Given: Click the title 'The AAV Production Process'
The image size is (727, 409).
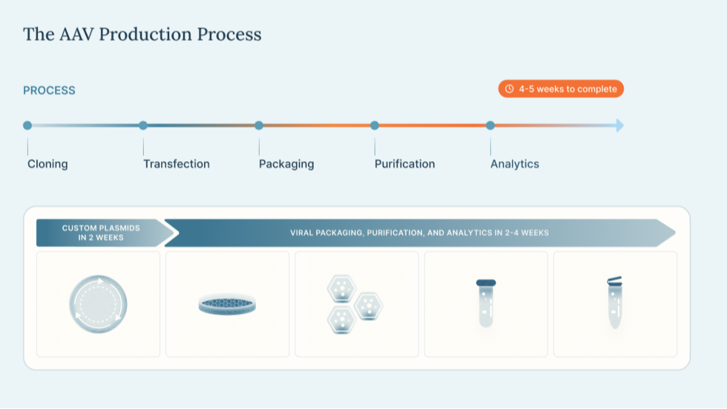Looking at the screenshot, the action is (x=142, y=34).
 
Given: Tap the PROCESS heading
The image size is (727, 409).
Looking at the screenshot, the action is (x=49, y=91).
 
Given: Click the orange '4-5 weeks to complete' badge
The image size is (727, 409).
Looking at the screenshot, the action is (x=561, y=88).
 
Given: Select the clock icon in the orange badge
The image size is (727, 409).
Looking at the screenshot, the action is (x=509, y=88).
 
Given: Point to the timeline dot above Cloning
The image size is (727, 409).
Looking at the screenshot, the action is (x=27, y=125).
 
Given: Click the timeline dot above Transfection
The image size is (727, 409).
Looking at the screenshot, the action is (x=143, y=125).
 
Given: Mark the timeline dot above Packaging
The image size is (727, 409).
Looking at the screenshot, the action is (x=259, y=125).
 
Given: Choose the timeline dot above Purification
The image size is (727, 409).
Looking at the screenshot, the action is (x=375, y=125).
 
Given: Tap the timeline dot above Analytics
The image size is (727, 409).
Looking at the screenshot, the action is (x=490, y=125).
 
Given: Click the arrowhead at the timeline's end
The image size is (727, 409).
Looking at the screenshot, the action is (x=620, y=125).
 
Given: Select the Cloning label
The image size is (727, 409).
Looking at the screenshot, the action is (x=47, y=164).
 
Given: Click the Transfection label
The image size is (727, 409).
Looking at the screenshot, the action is (x=177, y=164).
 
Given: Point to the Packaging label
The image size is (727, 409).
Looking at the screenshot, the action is (x=286, y=164).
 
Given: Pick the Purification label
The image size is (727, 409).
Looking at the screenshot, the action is (x=405, y=164).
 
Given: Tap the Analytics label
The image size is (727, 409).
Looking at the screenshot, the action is (x=515, y=164).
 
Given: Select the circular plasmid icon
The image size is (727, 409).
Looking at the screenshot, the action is (x=98, y=304).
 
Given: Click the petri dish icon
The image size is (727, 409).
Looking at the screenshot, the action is (x=227, y=304).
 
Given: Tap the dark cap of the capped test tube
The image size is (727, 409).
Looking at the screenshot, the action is (x=486, y=282).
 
